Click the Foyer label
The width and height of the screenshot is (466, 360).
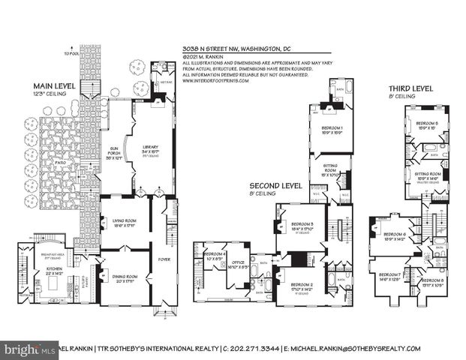[164, 261]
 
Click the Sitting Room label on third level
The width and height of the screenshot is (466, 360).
[428, 173]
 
